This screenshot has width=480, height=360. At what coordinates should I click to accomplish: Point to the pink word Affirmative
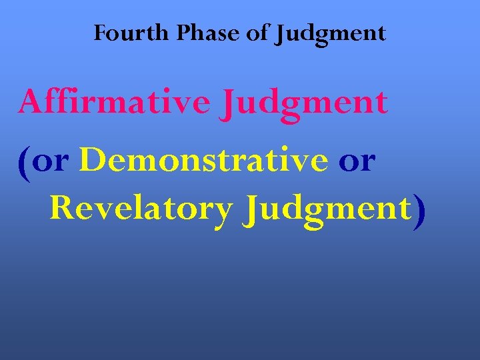click(x=113, y=103)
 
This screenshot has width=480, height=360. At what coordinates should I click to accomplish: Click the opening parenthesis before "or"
click(x=24, y=163)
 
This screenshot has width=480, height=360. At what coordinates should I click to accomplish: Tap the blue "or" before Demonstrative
click(x=52, y=162)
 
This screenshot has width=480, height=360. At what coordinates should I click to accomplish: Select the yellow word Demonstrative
click(x=203, y=161)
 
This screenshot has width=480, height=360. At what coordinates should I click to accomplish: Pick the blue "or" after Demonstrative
click(x=357, y=162)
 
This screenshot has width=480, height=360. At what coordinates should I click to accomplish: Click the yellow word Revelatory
click(x=141, y=209)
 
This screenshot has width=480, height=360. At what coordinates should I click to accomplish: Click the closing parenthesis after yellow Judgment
click(x=418, y=212)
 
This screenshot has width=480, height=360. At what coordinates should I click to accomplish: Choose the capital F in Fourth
click(x=101, y=33)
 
